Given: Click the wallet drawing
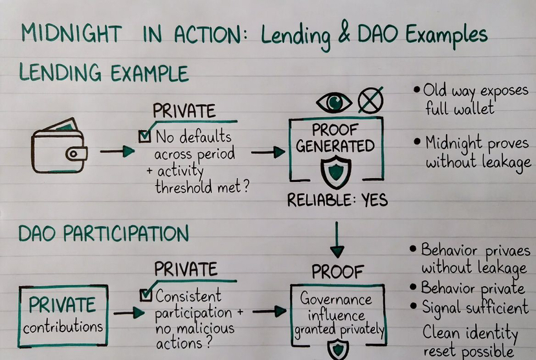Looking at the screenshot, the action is coord(59,147).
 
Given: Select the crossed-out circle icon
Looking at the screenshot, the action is coord(370,101).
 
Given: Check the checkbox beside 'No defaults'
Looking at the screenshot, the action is coord(145,136).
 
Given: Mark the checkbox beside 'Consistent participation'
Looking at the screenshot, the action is coord(146,295).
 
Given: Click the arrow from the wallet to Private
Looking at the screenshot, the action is coord(117,152).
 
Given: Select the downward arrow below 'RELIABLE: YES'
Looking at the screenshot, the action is coord(337,240).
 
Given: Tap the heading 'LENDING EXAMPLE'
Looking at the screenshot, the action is coord(104,73).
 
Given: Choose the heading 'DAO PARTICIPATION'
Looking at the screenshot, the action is coord(104,233).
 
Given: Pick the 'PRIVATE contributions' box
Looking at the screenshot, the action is coord(63,315).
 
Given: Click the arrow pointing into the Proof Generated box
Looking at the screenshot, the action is coord(267,153).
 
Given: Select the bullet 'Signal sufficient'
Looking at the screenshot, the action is coord(475,306).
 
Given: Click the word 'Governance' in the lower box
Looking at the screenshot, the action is coord(336,300).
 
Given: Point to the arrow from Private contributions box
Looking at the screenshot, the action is coord(129,312).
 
